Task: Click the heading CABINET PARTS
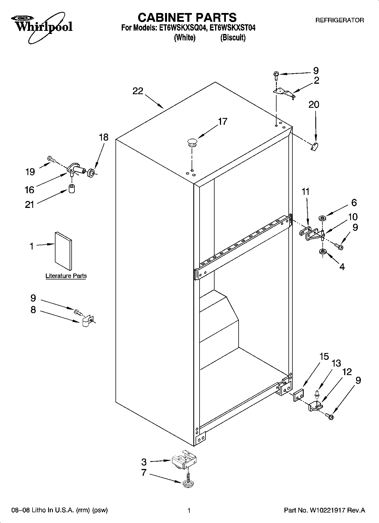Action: pyautogui.click(x=187, y=18)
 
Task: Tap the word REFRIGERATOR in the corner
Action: pyautogui.click(x=339, y=20)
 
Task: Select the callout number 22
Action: pyautogui.click(x=138, y=91)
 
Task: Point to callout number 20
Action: pyautogui.click(x=314, y=105)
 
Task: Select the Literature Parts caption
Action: pyautogui.click(x=66, y=276)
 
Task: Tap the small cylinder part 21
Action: pyautogui.click(x=72, y=188)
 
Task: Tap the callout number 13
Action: pyautogui.click(x=336, y=363)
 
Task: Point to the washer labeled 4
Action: pyautogui.click(x=322, y=251)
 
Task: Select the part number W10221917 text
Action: pyautogui.click(x=327, y=511)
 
